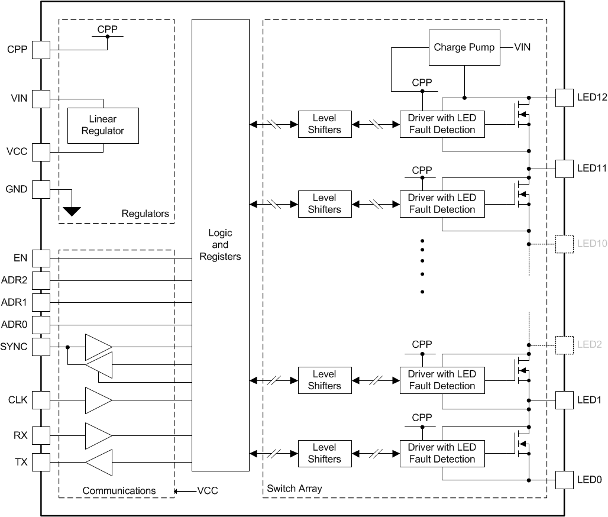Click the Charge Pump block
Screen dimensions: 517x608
[464, 47]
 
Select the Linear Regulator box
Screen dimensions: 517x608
[104, 125]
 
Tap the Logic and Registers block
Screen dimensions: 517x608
[220, 245]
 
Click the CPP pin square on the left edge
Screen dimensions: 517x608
[41, 50]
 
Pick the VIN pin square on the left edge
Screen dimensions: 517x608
[41, 99]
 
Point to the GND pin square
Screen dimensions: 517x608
[41, 189]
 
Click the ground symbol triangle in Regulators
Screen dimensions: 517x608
[72, 211]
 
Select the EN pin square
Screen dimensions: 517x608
[41, 258]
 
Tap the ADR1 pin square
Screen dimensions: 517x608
[41, 302]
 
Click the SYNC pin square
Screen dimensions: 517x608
[41, 347]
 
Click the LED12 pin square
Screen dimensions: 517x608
[565, 98]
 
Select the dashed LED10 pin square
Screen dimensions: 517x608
[565, 244]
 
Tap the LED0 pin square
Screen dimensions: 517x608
[565, 480]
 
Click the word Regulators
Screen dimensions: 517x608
[145, 214]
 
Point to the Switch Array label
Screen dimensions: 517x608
[295, 489]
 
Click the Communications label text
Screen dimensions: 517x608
[119, 490]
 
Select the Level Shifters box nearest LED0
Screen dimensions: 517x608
[324, 453]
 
